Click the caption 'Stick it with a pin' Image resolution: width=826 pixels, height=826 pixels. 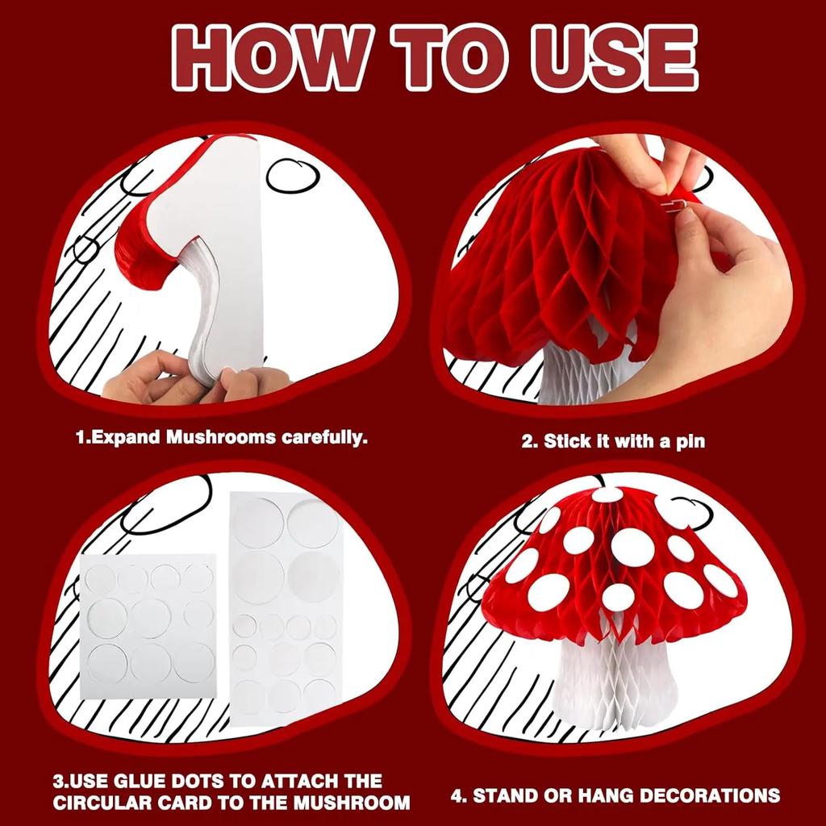pos(613,442)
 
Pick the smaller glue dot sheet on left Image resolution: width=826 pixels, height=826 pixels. pos(149,625)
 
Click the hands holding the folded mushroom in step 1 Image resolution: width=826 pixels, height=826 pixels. pos(194,379)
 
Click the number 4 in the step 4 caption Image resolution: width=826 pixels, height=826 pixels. pos(457,795)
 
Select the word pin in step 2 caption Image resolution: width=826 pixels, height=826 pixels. pos(690,442)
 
